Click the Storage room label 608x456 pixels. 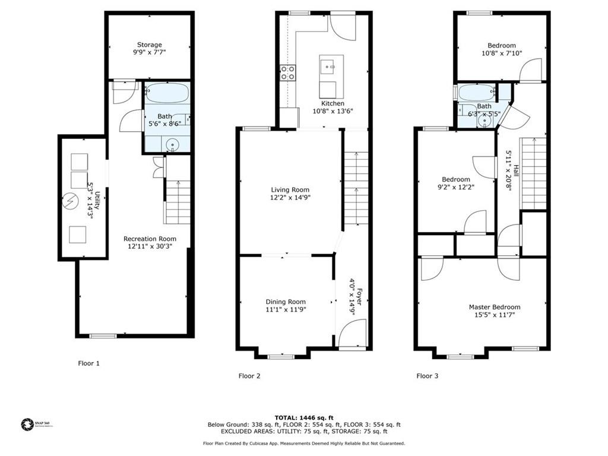[149, 45]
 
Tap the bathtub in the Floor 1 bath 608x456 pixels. [167, 93]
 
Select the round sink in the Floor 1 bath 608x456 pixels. [173, 143]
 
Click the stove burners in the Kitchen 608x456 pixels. [288, 73]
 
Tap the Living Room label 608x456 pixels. [290, 190]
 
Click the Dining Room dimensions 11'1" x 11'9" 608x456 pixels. [286, 309]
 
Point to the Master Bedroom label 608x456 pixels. [494, 307]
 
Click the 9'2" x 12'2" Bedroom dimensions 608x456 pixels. [455, 187]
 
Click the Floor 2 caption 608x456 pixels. [249, 376]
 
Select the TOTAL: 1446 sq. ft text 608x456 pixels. [303, 417]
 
